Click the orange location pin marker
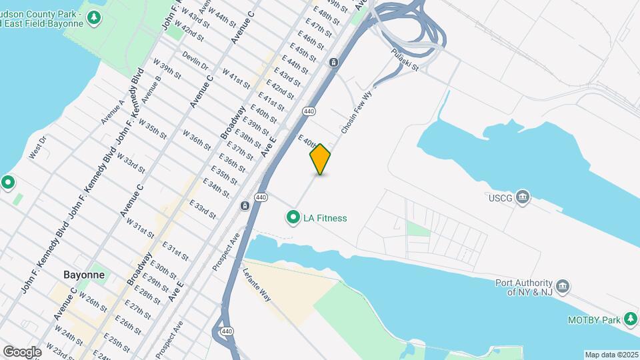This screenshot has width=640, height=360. point(320,159)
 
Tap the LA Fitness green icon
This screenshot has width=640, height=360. point(292,217)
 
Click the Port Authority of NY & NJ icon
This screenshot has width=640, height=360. point(563,286)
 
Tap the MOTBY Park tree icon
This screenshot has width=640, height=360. point(630,320)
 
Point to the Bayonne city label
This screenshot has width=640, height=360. point(83,275)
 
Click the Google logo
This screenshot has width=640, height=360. point(21,351)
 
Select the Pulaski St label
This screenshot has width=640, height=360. point(405,59)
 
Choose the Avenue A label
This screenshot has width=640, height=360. point(112,111)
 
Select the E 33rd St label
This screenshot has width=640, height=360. point(202,209)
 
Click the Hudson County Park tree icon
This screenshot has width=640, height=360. point(94,17)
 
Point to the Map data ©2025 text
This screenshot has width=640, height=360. point(611,355)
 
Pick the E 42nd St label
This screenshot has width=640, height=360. point(280,88)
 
